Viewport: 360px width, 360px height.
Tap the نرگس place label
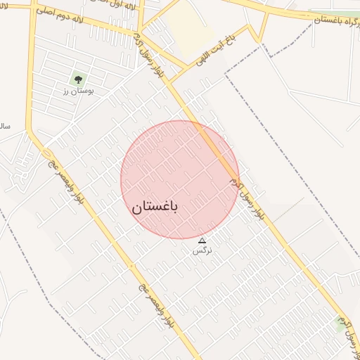click(x=202, y=250)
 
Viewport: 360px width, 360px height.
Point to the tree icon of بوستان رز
click(x=77, y=78)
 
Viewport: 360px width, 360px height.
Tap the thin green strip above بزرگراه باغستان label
click(x=330, y=12)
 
